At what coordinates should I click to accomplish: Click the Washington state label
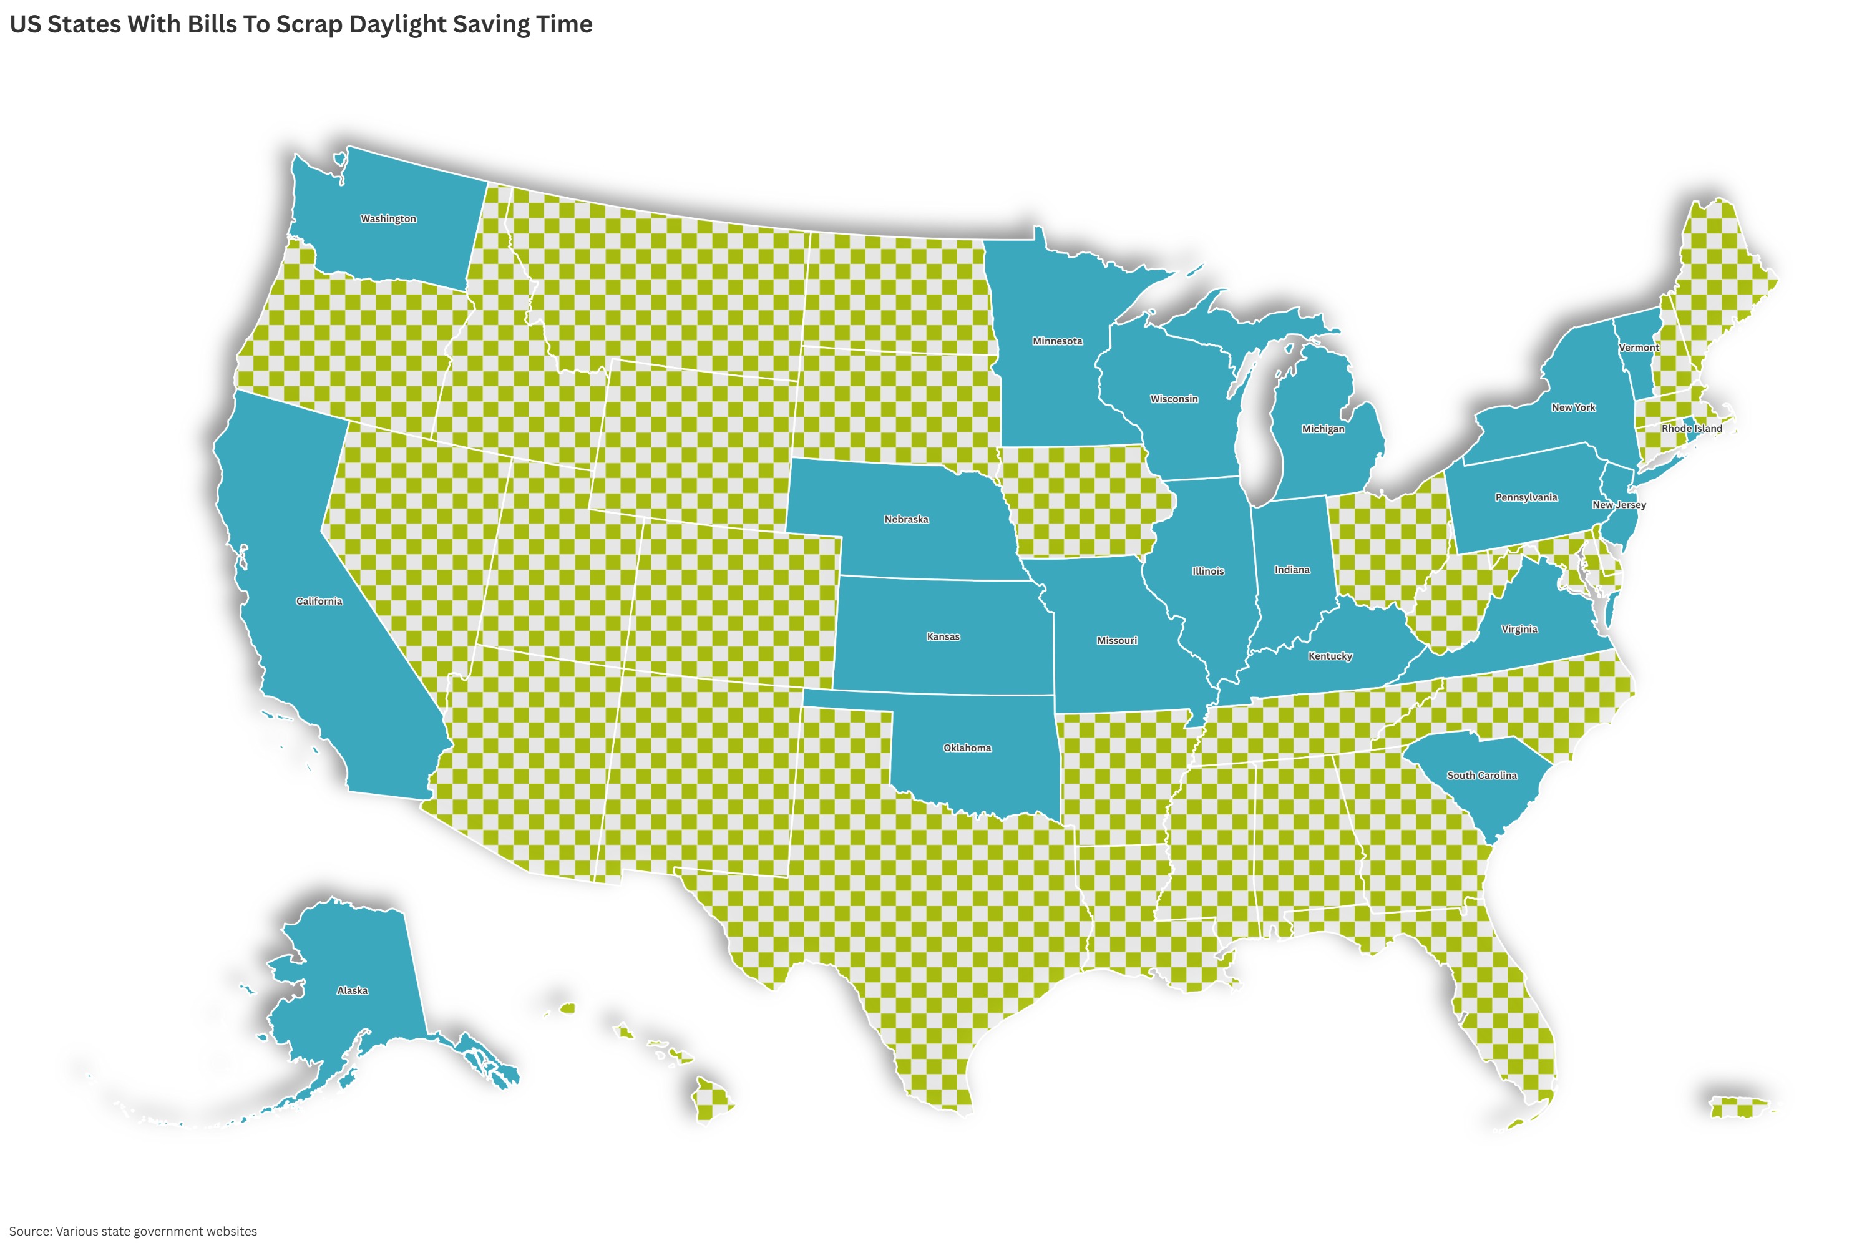point(388,219)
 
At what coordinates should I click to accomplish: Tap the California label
point(319,601)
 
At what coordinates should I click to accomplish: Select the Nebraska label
point(906,519)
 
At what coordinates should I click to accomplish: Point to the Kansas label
point(943,636)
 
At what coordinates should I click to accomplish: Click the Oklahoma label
point(967,748)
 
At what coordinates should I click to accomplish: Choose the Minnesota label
point(1057,341)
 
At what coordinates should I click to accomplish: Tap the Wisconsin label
point(1174,399)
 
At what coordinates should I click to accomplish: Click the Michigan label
point(1323,429)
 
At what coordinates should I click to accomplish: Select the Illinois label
point(1208,572)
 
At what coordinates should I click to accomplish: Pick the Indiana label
point(1292,570)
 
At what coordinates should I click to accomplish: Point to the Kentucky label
point(1330,656)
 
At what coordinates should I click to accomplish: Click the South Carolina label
point(1482,775)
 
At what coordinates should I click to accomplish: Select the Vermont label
point(1639,348)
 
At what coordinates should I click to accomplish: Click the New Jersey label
point(1619,505)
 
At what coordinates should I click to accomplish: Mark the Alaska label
point(352,991)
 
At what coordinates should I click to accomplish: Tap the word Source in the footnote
point(29,1231)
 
